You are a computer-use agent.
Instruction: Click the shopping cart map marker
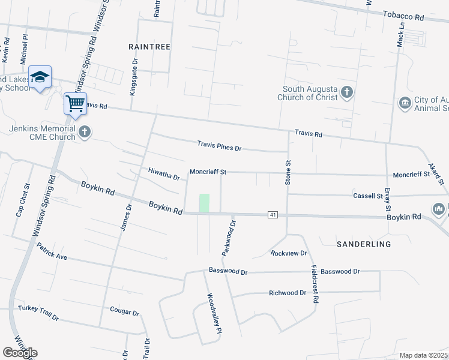click(x=76, y=104)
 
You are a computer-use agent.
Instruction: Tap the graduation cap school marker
click(x=40, y=77)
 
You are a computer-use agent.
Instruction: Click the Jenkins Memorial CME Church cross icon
click(x=85, y=132)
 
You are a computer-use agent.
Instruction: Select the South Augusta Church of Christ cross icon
click(x=346, y=92)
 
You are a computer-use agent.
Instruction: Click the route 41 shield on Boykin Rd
click(x=273, y=214)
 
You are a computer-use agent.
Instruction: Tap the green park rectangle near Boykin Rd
click(x=205, y=203)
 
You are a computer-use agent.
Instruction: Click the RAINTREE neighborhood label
click(x=149, y=46)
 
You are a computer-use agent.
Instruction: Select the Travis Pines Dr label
click(x=220, y=146)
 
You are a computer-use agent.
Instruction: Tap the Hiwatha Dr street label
click(x=164, y=174)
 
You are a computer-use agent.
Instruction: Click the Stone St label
click(x=288, y=172)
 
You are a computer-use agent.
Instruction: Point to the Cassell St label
click(x=368, y=196)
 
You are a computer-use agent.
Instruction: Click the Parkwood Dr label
click(x=229, y=238)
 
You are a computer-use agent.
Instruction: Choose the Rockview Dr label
click(x=289, y=253)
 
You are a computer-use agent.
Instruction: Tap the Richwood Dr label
click(x=288, y=293)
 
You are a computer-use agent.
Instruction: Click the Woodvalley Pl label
click(x=214, y=313)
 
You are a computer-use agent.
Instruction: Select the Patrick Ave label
click(x=51, y=251)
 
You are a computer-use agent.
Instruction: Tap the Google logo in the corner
click(x=20, y=353)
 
